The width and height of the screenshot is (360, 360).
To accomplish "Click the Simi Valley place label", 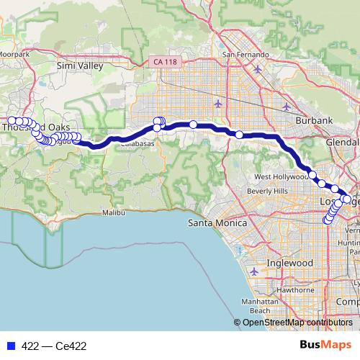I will [x=80, y=66].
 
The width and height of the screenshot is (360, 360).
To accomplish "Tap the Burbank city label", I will [x=314, y=120].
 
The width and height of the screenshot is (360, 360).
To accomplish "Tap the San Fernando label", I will [x=246, y=54].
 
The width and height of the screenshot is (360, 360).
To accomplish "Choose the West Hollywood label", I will [x=281, y=176].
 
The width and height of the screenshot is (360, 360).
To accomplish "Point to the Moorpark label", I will [x=14, y=54].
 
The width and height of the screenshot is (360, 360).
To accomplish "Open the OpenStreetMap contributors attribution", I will [x=297, y=323].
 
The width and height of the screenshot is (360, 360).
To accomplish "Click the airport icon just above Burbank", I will [x=287, y=107].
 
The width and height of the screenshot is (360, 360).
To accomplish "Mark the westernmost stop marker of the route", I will [x=12, y=121].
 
